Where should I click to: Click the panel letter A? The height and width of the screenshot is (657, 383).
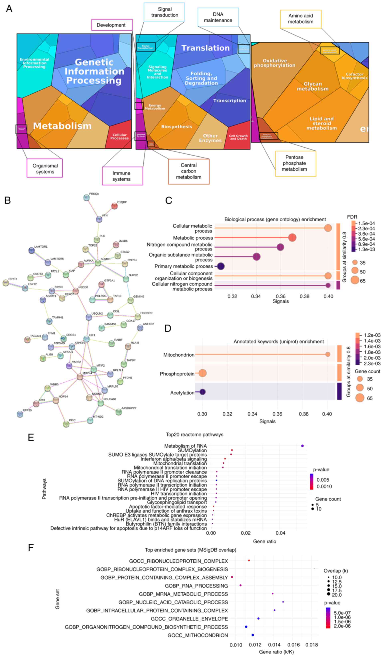(9, 9)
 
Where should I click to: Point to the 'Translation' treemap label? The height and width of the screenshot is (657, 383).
(205, 48)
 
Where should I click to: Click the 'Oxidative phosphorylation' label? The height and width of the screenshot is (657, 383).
(274, 63)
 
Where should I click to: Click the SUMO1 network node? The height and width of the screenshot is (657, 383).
(98, 263)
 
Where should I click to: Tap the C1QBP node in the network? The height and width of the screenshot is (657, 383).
(114, 206)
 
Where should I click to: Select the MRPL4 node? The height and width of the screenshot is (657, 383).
(80, 376)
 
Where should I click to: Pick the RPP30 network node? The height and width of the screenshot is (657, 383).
(20, 414)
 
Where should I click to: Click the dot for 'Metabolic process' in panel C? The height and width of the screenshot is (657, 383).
(292, 238)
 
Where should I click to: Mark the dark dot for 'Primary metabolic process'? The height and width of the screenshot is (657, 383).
(221, 266)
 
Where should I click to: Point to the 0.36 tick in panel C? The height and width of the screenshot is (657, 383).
(280, 296)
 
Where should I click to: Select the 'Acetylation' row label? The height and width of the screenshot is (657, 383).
(182, 393)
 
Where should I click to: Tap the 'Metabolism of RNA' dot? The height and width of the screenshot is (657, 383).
(302, 446)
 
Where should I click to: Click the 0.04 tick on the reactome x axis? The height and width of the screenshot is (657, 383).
(280, 533)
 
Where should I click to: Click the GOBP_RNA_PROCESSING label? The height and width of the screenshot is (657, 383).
(196, 586)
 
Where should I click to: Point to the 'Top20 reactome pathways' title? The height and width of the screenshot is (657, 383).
(194, 435)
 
